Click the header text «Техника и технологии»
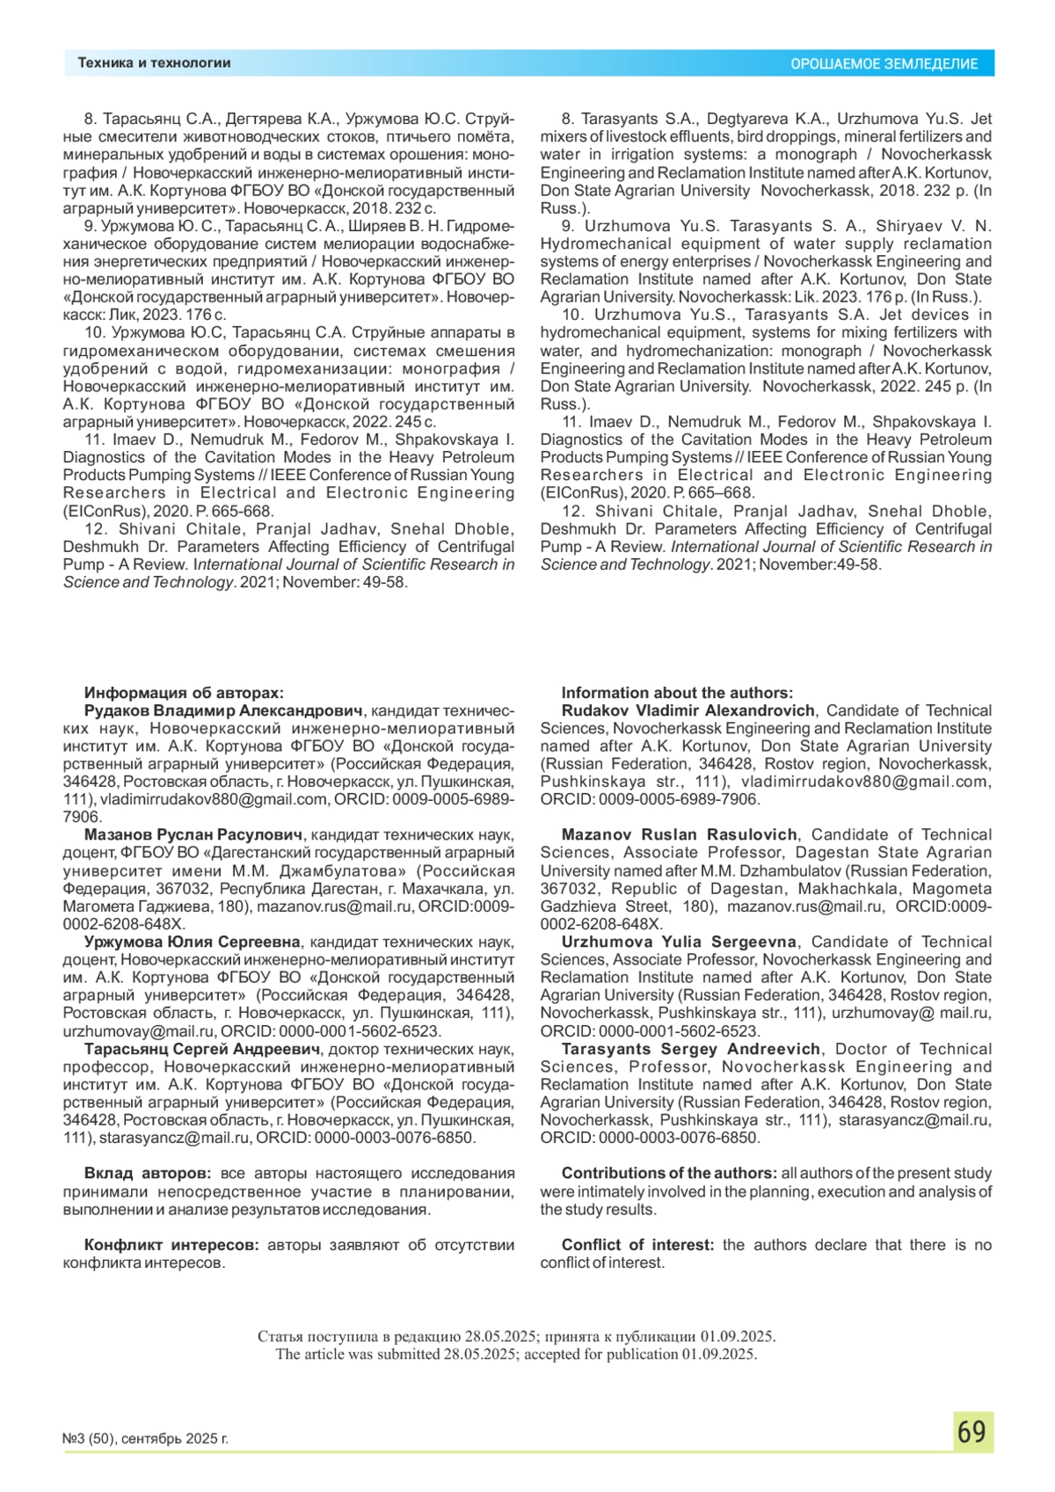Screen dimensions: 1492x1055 click(x=154, y=63)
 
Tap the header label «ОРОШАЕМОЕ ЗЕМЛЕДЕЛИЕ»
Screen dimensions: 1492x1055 click(x=884, y=64)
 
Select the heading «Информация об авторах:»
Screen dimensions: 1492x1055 click(x=184, y=693)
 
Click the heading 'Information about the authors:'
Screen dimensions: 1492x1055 click(x=677, y=693)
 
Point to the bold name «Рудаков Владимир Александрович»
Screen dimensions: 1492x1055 click(x=223, y=710)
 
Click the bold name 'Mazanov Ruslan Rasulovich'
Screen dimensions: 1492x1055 click(x=680, y=834)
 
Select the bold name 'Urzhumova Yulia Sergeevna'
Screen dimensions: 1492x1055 click(x=679, y=942)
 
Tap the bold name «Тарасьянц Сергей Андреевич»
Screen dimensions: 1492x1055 click(x=202, y=1049)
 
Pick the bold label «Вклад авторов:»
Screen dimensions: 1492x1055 click(x=148, y=1174)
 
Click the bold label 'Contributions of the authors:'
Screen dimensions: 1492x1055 click(x=669, y=1174)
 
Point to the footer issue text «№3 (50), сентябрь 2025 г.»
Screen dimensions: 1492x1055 click(x=145, y=1438)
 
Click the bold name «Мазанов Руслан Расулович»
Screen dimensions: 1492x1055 click(x=193, y=834)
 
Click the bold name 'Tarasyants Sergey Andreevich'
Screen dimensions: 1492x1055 click(x=691, y=1049)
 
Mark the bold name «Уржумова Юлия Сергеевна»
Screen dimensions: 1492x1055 click(x=193, y=942)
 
